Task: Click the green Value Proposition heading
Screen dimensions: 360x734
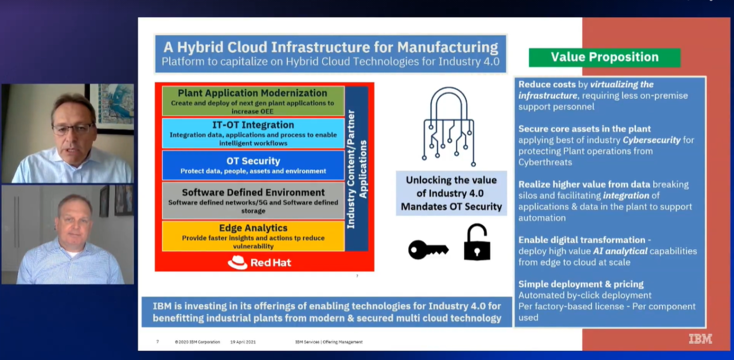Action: coord(604,57)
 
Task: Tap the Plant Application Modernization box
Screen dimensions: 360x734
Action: coord(253,100)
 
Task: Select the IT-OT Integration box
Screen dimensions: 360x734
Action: coord(253,133)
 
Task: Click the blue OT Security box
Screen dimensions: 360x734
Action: coord(253,165)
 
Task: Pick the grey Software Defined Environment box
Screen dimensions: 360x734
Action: coord(253,200)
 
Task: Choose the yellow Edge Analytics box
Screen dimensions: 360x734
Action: coord(253,236)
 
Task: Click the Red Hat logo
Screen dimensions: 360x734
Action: coord(259,263)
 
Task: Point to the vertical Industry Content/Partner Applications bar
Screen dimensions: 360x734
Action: coord(357,169)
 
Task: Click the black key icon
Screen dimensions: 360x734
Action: coord(428,249)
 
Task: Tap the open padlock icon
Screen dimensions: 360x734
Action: coord(477,243)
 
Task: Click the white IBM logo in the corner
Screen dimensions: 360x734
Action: coord(700,339)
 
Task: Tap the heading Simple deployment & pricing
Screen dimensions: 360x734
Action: coord(581,284)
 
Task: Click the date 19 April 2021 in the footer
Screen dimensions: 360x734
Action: coord(243,342)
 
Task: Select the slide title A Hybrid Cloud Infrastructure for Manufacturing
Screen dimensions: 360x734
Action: coord(330,47)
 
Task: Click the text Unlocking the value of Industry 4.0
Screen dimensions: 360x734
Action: coord(451,186)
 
